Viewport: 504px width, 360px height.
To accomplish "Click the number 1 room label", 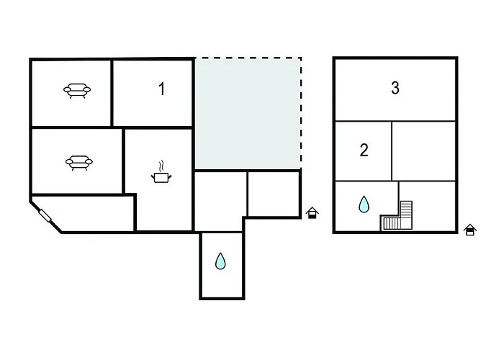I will tap(162, 89).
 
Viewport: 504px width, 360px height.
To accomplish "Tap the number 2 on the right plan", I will tap(364, 150).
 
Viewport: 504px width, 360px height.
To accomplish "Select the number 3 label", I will tap(395, 89).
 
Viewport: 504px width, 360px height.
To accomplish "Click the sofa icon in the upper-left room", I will tap(77, 90).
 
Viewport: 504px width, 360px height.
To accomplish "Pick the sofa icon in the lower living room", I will tap(78, 162).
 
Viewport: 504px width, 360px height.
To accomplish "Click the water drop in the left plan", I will tap(220, 261).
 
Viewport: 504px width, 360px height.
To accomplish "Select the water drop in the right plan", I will tap(364, 205).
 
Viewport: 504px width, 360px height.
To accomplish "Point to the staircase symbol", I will tap(400, 216).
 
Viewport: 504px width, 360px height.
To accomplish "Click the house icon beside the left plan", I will tap(312, 213).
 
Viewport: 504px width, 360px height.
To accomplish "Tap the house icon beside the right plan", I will tap(470, 230).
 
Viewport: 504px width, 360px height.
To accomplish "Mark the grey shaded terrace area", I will tap(247, 112).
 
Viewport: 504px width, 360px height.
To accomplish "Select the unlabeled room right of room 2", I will tap(424, 150).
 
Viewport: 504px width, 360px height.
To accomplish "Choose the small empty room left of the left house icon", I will tap(273, 193).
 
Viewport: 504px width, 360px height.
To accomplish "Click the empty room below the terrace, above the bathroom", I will tap(220, 200).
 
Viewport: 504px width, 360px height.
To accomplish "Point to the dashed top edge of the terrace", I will tap(247, 58).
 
